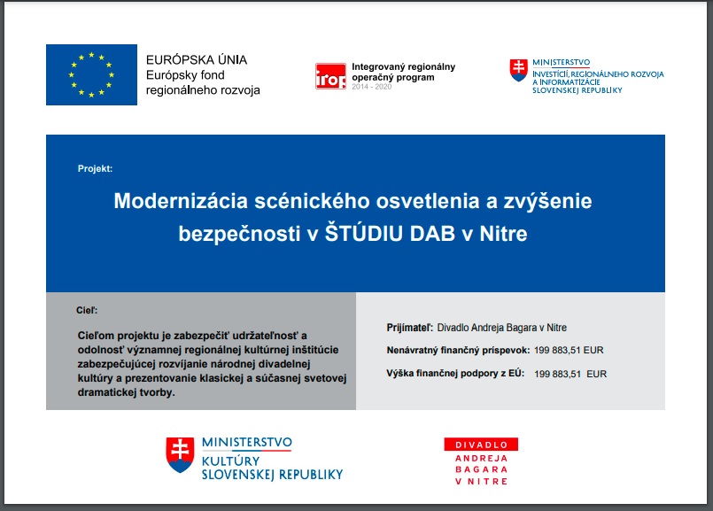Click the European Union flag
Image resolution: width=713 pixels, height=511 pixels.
click(x=91, y=74)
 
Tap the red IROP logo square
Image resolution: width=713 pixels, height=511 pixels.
click(x=330, y=76)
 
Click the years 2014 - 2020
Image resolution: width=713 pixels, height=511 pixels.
click(x=371, y=87)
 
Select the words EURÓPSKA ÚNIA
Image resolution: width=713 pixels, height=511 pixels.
click(x=197, y=59)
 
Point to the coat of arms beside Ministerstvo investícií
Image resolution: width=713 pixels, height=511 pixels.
click(x=519, y=70)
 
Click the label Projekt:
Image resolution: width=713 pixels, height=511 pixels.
click(x=95, y=168)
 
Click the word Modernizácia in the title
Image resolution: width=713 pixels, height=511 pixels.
click(x=181, y=201)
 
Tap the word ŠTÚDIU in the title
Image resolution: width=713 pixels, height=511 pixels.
click(x=364, y=233)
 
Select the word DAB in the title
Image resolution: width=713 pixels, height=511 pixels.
click(x=432, y=234)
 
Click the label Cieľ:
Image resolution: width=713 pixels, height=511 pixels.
click(x=87, y=311)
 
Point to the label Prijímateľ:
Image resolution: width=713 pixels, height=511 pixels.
click(x=410, y=328)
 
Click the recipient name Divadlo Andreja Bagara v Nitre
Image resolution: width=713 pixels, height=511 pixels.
click(x=502, y=328)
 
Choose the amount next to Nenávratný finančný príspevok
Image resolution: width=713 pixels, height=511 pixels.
click(x=569, y=351)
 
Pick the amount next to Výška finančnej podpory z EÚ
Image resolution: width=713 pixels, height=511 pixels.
click(x=570, y=374)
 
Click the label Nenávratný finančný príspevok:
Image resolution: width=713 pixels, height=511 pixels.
click(x=459, y=351)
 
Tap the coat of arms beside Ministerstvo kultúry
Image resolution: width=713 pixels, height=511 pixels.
click(x=180, y=454)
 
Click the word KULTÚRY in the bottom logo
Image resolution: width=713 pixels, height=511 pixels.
click(x=230, y=461)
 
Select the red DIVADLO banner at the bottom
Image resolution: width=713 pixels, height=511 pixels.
click(x=481, y=445)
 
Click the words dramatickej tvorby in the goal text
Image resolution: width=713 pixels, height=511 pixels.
click(x=127, y=392)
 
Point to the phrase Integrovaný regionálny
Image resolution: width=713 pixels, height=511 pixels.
click(x=403, y=67)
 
